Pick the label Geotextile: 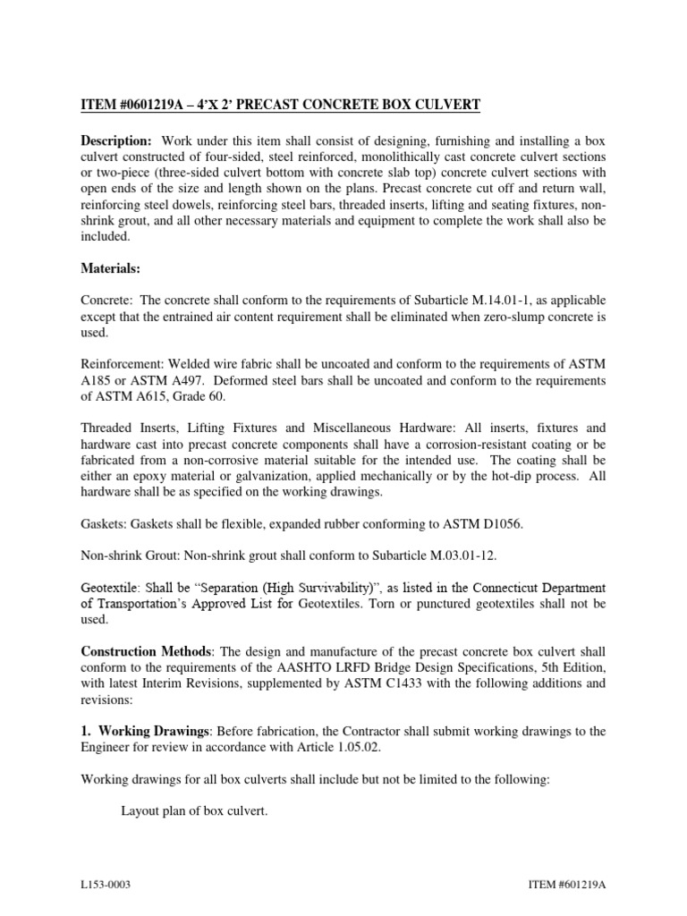point(113,588)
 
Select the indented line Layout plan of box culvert point(194,811)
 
